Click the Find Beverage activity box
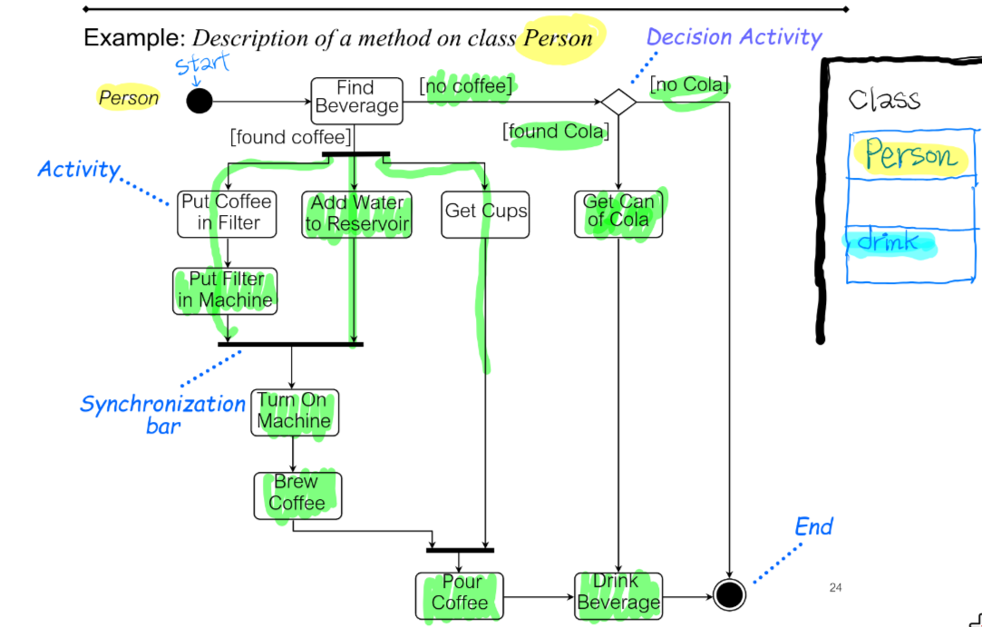tap(355, 100)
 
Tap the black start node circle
tap(199, 101)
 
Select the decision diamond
tap(618, 102)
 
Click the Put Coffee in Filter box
tap(227, 213)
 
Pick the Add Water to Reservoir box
tap(356, 214)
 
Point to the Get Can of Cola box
tap(618, 213)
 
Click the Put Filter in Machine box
tap(225, 290)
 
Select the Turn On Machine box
tap(294, 412)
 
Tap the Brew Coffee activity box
tap(297, 495)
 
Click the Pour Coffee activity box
tap(460, 595)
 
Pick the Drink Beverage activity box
tap(618, 595)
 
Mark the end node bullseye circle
tap(729, 595)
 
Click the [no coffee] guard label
tap(466, 86)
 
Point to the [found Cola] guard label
tap(556, 132)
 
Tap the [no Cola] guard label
tap(689, 86)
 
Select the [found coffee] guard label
tap(290, 137)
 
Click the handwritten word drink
tap(888, 242)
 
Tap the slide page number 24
tap(835, 588)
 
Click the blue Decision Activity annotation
tap(734, 37)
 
